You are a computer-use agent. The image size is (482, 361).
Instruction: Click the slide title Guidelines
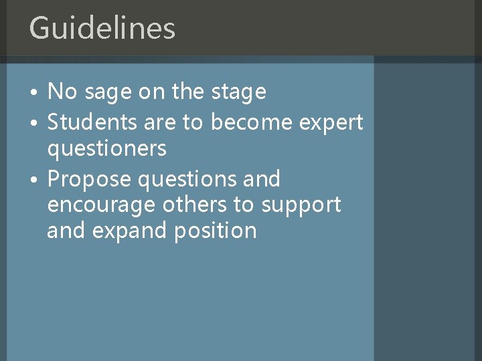[102, 28]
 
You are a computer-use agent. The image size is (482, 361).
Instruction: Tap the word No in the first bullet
[62, 92]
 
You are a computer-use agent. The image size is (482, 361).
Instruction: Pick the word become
[252, 122]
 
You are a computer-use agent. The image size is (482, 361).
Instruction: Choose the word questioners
[106, 149]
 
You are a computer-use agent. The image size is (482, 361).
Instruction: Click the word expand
[127, 231]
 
